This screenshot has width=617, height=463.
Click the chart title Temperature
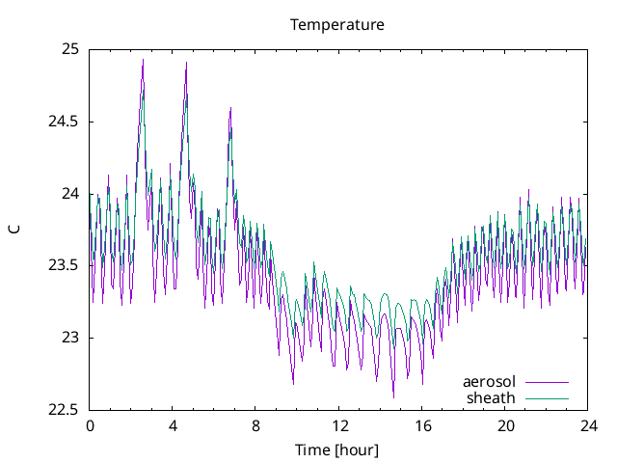tap(337, 25)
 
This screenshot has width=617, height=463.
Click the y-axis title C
tap(13, 229)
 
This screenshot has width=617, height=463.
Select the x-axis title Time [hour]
tap(336, 450)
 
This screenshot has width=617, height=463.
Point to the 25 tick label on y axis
tap(70, 49)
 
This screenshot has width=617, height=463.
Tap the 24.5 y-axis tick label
tap(65, 122)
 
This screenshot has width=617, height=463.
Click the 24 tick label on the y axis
tap(70, 193)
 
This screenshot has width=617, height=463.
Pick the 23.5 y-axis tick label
tap(65, 265)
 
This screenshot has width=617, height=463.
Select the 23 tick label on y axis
tap(70, 338)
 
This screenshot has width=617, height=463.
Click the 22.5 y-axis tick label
tap(65, 409)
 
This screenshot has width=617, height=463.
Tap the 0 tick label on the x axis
tap(90, 425)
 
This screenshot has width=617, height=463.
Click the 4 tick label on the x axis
tap(173, 425)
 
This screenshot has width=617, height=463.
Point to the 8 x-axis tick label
tap(255, 425)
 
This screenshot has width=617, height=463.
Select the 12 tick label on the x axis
tap(338, 425)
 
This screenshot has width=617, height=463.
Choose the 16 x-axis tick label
tap(421, 425)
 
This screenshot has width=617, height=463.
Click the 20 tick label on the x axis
tap(504, 425)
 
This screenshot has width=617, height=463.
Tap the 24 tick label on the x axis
tap(587, 425)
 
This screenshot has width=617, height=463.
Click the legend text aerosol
tap(489, 382)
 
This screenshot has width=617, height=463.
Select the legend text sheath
tap(491, 397)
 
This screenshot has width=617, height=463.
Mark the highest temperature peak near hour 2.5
tap(143, 60)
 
